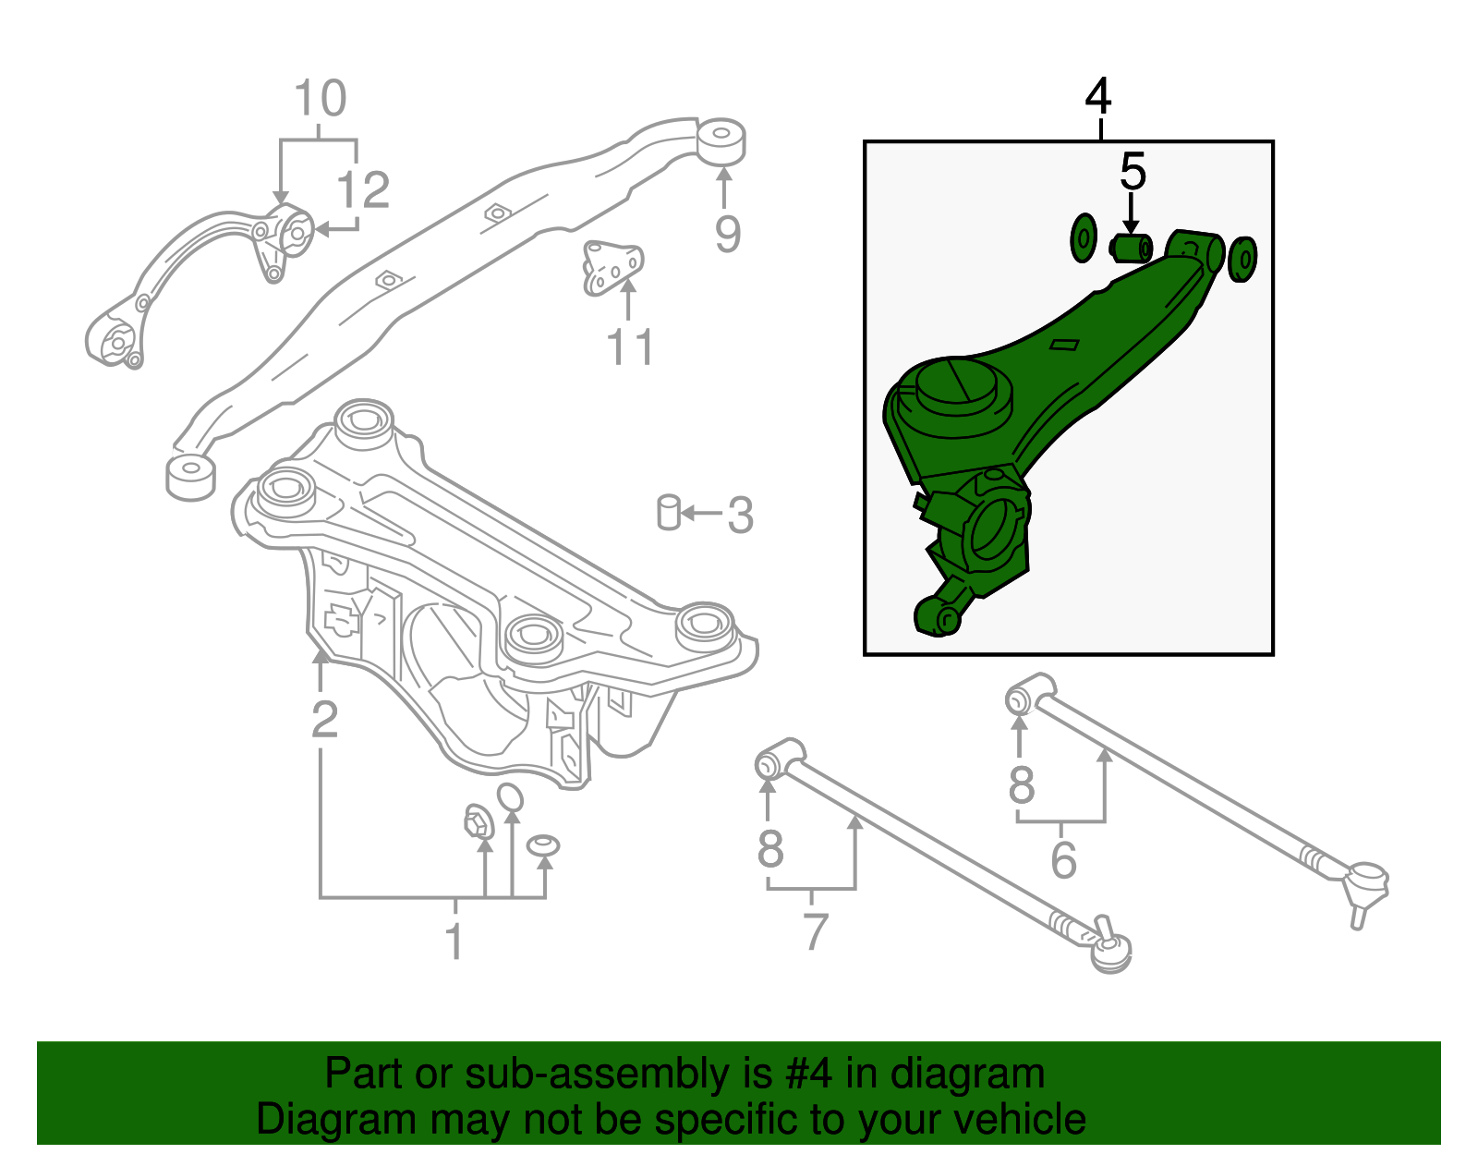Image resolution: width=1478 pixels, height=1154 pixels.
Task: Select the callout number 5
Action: (1133, 172)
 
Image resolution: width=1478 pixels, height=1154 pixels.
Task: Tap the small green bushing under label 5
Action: (1131, 248)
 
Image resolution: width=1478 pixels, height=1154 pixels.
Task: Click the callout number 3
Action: (740, 515)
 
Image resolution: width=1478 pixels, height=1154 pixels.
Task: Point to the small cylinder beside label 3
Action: (669, 513)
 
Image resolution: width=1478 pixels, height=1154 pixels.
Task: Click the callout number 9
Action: (727, 234)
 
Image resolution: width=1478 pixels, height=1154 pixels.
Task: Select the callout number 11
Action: (629, 347)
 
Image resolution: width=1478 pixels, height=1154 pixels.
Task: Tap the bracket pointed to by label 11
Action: (611, 267)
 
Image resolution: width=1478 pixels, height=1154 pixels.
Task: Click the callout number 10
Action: (320, 98)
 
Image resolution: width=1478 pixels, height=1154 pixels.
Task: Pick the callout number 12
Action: (363, 190)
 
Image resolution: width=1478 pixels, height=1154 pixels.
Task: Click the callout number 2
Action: (324, 719)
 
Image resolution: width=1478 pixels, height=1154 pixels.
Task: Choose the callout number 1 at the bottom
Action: (454, 941)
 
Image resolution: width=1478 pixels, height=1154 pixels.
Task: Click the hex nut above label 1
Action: (478, 820)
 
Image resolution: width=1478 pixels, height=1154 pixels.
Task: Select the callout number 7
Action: (814, 931)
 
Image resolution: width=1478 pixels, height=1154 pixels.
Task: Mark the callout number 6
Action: (1063, 860)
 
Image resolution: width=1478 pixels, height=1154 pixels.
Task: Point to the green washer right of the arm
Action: (1243, 259)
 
